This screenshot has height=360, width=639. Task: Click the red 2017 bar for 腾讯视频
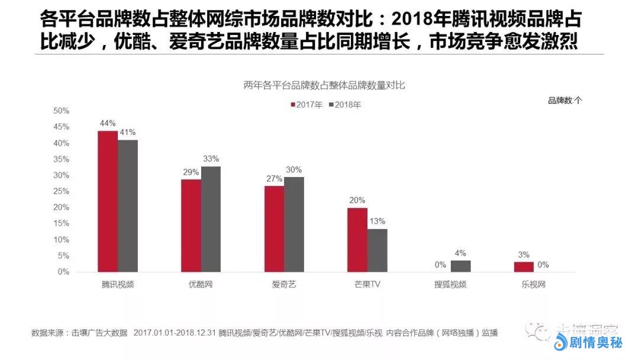108,201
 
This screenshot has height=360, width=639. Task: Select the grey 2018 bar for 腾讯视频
127,206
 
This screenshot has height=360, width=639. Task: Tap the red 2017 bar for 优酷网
191,226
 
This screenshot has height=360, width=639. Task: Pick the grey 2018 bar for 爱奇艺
294,224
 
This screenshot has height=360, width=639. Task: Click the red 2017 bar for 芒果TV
357,240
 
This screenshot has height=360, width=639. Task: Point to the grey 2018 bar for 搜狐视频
460,266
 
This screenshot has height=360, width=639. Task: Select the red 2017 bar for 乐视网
524,267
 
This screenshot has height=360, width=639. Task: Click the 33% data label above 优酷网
211,159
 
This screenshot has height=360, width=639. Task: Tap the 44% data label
108,123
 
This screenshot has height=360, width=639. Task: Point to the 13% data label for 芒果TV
377,221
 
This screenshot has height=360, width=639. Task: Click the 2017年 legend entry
306,105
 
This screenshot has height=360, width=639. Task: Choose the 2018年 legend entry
344,105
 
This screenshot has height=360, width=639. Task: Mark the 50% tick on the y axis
61,111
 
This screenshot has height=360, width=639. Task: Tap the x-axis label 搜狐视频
450,284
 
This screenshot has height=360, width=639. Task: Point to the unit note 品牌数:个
564,101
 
